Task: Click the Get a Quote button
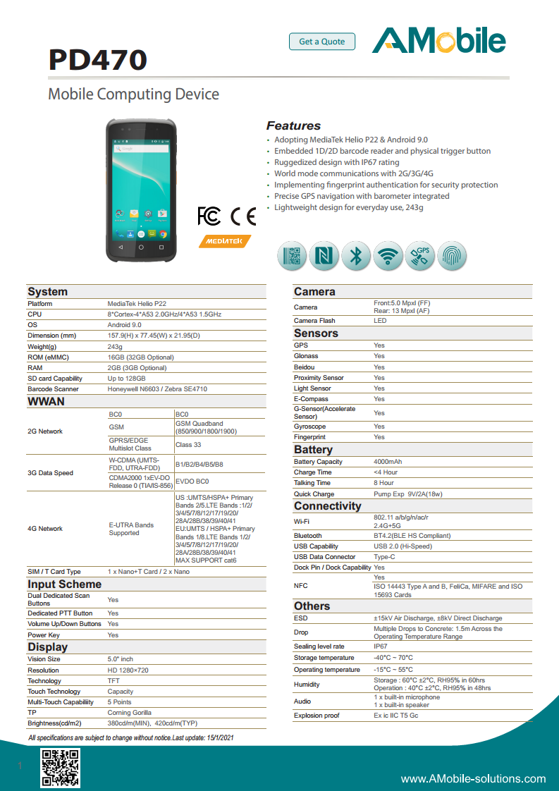[322, 42]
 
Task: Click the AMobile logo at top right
[438, 41]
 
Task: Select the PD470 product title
[97, 60]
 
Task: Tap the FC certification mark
[209, 216]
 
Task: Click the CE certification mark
[243, 216]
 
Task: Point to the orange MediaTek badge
[225, 240]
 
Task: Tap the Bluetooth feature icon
[356, 256]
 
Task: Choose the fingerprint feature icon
[452, 256]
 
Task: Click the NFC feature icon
[324, 256]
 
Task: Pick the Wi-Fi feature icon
[388, 256]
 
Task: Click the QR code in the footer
[60, 768]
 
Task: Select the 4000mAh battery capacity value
[388, 462]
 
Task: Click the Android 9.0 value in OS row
[124, 325]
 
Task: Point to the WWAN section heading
[46, 402]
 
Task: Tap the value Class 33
[188, 445]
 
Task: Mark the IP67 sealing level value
[381, 646]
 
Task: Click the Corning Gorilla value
[129, 713]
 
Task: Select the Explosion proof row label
[317, 716]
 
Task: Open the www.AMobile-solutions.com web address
[473, 779]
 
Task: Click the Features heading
[293, 126]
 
